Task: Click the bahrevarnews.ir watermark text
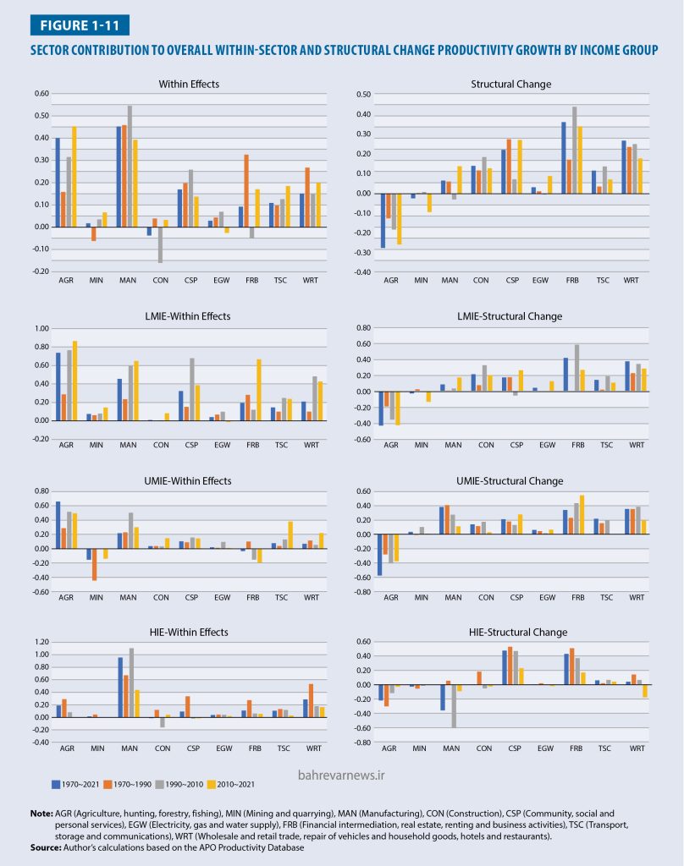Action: tap(341, 773)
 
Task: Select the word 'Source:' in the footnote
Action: tap(47, 847)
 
